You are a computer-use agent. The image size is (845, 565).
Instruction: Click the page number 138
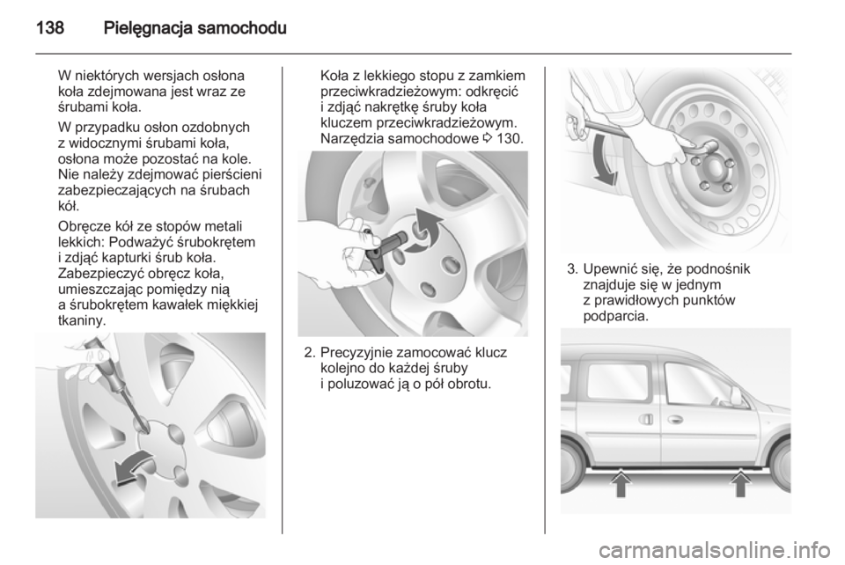point(50,27)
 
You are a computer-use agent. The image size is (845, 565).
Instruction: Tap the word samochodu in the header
point(241,27)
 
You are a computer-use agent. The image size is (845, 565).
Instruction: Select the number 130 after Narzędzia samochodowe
point(510,138)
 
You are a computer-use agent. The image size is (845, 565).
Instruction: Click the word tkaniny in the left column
point(82,321)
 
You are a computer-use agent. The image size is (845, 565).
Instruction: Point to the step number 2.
point(309,353)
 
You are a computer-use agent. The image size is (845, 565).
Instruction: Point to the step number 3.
point(572,268)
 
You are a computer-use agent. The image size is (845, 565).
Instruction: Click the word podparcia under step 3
point(616,316)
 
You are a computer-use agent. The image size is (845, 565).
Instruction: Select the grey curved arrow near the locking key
point(424,231)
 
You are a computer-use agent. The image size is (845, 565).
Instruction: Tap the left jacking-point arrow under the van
point(621,483)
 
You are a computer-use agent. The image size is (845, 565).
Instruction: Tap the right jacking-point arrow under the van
point(741,483)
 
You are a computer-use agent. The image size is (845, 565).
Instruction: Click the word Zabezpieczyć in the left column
point(95,275)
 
